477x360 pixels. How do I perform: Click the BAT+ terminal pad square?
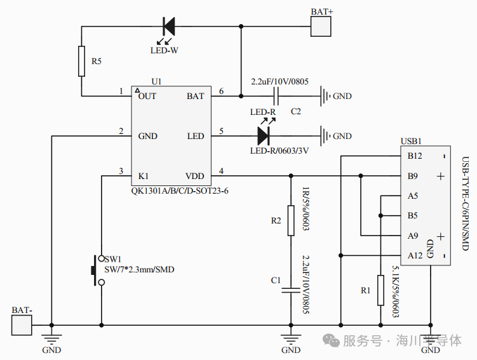point(321,27)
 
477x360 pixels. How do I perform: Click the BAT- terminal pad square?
point(22,325)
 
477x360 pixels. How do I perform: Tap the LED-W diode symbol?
point(169,27)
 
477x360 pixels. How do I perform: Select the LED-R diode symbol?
point(264,136)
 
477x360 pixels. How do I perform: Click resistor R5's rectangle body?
point(81,61)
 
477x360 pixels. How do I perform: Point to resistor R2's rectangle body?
point(291,220)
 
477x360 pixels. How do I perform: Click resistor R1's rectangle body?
point(380,290)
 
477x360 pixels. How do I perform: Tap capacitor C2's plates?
point(276,96)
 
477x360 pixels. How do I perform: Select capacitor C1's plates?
point(291,290)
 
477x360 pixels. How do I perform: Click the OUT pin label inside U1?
point(147,96)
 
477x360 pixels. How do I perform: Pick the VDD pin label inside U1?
point(195,176)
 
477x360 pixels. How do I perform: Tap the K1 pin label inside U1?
point(144,176)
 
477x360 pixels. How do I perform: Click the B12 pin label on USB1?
point(415,156)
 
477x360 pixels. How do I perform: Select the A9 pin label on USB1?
point(413,236)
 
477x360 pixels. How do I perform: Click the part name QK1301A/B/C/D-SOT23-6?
point(180,191)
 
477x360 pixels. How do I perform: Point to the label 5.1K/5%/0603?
point(396,292)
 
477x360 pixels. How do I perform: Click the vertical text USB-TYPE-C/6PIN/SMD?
point(466,204)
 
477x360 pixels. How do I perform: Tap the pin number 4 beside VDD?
point(221,171)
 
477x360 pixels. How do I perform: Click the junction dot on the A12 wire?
point(340,255)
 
